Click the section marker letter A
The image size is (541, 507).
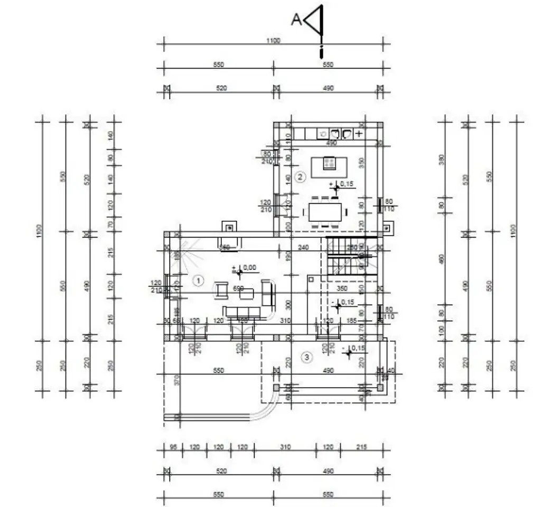coord(296,20)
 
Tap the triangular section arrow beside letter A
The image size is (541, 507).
coord(315,20)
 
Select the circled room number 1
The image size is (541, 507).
coord(199,280)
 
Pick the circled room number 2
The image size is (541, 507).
coord(300,177)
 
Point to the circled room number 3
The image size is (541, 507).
coord(307,358)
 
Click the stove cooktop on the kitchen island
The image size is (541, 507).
coord(329,163)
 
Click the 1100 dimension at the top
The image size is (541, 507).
coord(273,41)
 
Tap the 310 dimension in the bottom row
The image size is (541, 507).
coord(285,447)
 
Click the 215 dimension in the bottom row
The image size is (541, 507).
coord(361,447)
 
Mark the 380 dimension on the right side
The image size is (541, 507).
coord(442,159)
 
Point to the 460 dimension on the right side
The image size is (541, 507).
coord(442,259)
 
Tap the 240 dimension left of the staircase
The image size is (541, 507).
coord(303,247)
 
